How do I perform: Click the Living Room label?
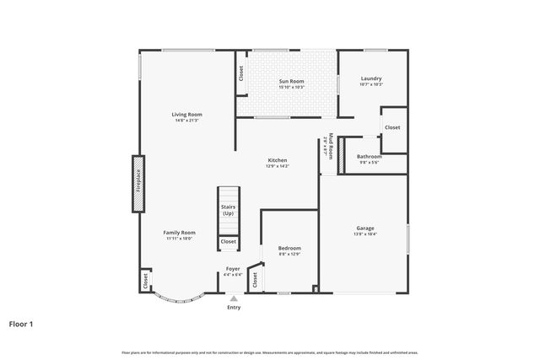tap(186, 115)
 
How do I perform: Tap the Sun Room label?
tap(291, 81)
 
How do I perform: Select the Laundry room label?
tap(371, 78)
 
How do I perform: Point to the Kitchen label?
tap(278, 160)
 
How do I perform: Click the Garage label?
tap(364, 228)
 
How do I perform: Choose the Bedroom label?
tap(289, 248)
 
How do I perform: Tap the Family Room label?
tap(179, 233)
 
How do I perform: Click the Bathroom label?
tap(369, 156)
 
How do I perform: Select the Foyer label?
tap(233, 269)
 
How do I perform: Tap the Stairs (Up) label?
tap(228, 210)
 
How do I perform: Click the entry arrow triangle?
tap(234, 298)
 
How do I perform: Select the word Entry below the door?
tap(234, 307)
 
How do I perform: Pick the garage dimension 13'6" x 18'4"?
tap(364, 234)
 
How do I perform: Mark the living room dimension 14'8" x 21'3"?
tap(186, 121)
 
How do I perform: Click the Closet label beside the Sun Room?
tap(240, 74)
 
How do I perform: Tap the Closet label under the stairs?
tap(229, 242)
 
